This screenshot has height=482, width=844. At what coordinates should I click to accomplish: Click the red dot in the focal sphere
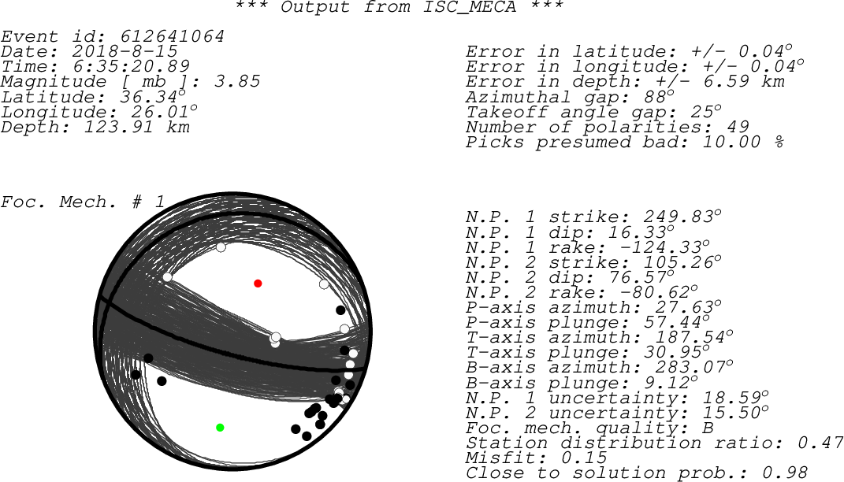point(258,284)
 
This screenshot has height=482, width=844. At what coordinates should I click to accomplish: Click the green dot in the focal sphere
point(220,428)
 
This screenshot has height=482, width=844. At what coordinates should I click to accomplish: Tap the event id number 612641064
point(172,36)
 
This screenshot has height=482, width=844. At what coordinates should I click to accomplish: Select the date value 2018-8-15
point(125,52)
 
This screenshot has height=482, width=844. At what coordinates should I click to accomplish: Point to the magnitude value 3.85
point(237,82)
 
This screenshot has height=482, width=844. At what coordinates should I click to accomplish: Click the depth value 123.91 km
point(136,127)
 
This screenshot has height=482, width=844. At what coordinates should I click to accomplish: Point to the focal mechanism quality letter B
point(708,428)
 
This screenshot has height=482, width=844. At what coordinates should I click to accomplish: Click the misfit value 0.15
point(583,458)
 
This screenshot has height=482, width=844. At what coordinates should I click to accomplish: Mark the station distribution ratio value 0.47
point(820,443)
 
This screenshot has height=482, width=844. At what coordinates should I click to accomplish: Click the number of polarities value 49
point(737,127)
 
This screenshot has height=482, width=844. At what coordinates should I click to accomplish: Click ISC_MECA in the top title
point(470,8)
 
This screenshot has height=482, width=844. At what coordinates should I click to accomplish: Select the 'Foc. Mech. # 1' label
point(83,202)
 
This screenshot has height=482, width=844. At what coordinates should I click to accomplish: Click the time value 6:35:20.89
point(131,67)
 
